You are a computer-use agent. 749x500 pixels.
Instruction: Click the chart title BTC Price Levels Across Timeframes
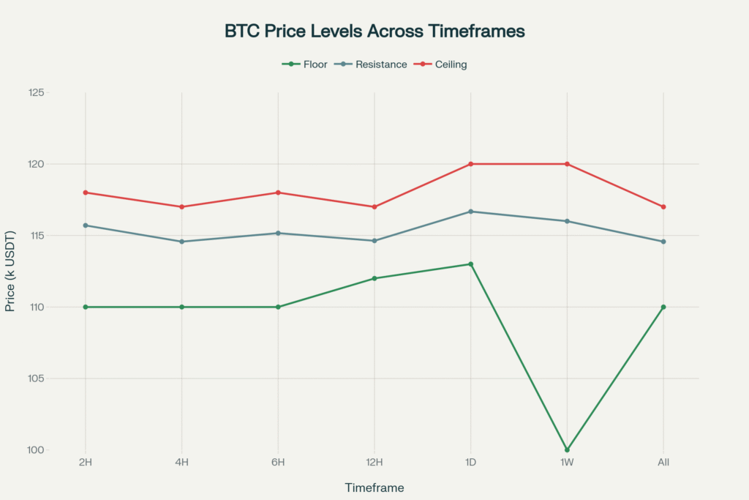(374, 31)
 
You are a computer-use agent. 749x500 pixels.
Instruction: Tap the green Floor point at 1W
(567, 449)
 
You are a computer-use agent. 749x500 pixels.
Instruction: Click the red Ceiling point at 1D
(471, 164)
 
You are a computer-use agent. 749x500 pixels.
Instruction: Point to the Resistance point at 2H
(86, 225)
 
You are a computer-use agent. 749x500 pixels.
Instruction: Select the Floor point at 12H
(374, 278)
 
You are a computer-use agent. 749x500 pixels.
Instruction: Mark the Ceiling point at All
(663, 206)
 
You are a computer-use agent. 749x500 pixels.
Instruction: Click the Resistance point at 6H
(278, 233)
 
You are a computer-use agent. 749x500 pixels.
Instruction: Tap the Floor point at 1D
(471, 264)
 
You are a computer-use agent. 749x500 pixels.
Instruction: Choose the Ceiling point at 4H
(182, 206)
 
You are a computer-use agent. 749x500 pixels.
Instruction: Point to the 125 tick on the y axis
(57, 93)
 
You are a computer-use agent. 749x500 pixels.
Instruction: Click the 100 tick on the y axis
(57, 449)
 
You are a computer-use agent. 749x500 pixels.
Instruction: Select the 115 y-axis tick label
(57, 236)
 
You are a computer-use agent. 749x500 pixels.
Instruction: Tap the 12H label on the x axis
(374, 463)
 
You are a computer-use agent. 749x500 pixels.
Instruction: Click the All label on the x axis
(663, 463)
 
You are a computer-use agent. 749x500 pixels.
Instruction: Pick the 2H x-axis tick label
(86, 463)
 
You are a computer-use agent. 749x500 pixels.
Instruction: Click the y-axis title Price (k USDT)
(10, 271)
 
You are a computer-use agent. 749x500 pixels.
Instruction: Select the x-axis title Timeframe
(374, 488)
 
